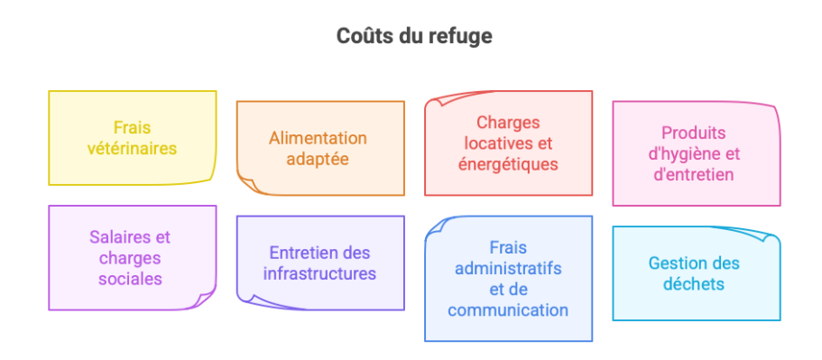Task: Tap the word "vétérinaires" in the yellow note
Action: pos(132,149)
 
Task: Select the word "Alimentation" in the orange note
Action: pos(318,138)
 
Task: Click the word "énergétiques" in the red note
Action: pos(508,164)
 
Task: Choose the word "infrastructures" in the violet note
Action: pos(319,273)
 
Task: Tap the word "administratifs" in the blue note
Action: pos(508,269)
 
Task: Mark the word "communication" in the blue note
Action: pos(508,310)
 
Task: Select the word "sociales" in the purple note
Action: pos(132,279)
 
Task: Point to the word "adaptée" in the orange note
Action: pos(318,160)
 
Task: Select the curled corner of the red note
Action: pos(434,99)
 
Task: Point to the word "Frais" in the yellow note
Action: pos(132,128)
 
